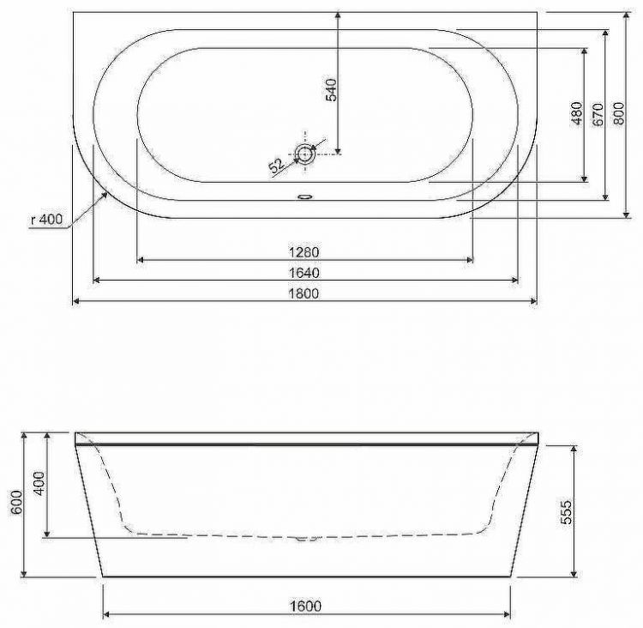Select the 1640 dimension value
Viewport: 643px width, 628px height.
point(304,273)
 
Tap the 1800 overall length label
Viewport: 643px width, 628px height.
point(304,294)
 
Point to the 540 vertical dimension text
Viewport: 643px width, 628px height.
point(333,90)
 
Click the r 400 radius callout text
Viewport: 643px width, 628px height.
point(45,220)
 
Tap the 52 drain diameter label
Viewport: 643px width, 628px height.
point(276,166)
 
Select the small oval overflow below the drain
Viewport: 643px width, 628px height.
point(305,195)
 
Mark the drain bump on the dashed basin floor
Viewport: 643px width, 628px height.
point(305,539)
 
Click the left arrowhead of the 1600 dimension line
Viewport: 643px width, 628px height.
point(105,614)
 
